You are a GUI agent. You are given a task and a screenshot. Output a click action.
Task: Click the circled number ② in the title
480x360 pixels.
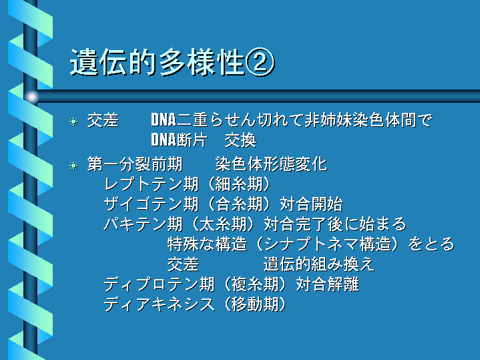[x=260, y=62]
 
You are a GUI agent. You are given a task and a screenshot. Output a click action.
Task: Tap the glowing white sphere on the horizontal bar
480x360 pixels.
[x=31, y=97]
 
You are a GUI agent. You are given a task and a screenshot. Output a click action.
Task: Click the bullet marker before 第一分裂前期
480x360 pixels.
[x=73, y=166]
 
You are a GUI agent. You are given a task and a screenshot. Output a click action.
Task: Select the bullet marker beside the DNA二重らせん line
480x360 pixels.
[x=73, y=122]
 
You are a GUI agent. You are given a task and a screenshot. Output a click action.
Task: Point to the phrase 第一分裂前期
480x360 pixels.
[x=135, y=164]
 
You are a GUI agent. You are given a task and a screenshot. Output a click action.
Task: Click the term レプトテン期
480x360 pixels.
[x=152, y=184]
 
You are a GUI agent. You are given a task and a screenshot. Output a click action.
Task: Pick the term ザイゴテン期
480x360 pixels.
[x=152, y=204]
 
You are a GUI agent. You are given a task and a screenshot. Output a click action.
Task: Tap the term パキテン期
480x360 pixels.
[x=144, y=224]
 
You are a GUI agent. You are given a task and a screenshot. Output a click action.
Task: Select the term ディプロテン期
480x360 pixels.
[x=159, y=285]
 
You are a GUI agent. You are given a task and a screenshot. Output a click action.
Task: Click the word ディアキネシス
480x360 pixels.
[x=159, y=305]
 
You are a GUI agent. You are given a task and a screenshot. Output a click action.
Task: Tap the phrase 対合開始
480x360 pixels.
[x=311, y=204]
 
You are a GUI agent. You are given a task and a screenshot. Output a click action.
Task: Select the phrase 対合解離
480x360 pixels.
[x=327, y=285]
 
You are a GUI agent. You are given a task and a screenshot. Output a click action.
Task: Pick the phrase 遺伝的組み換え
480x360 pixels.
[x=319, y=264]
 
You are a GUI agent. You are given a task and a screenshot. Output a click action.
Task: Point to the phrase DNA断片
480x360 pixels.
[x=180, y=140]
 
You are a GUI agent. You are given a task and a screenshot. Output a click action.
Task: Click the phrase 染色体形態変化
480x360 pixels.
[x=271, y=164]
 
